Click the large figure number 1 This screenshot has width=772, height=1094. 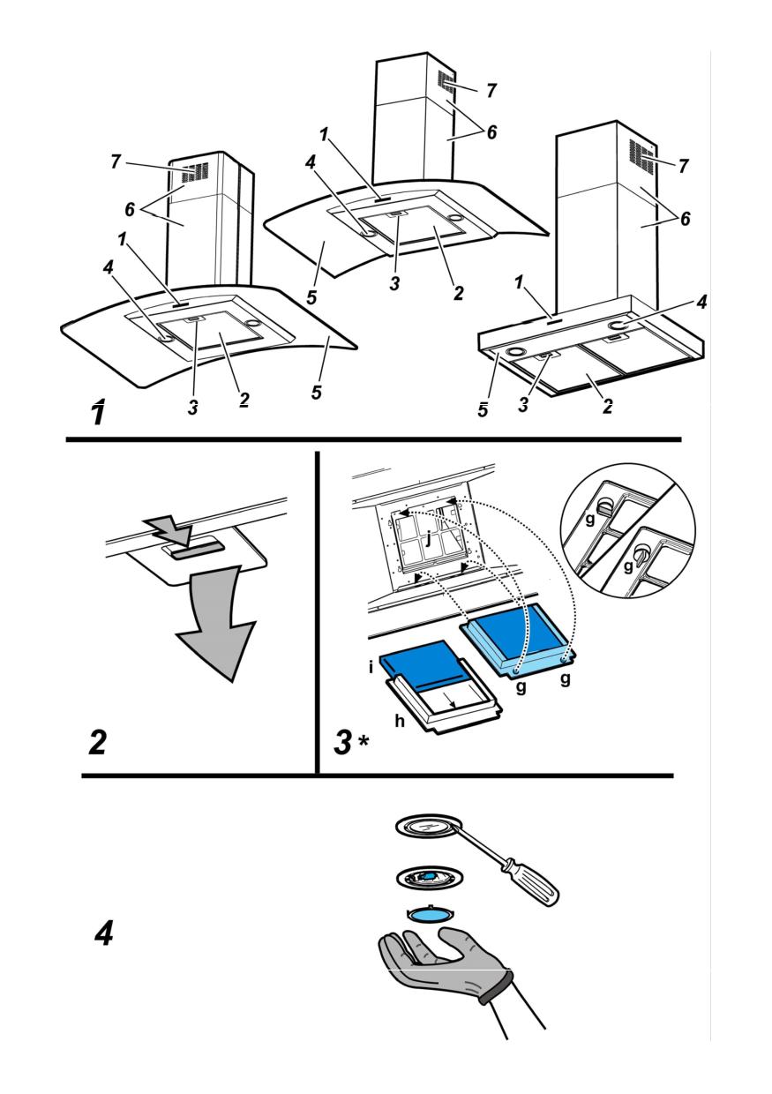100,411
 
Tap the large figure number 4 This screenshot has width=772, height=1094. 104,933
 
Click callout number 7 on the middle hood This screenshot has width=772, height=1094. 491,90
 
